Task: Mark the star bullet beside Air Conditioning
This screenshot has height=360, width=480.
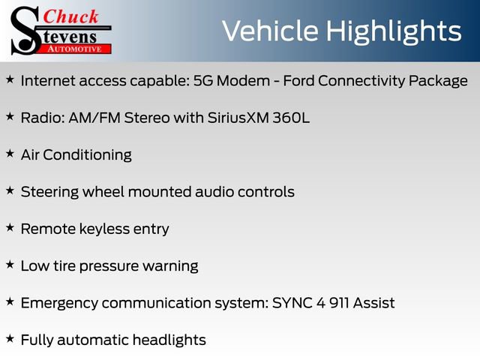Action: pos(10,153)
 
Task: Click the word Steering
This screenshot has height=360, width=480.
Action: pos(49,192)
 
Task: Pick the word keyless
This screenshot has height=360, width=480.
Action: pos(106,229)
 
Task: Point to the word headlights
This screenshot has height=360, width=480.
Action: pos(169,340)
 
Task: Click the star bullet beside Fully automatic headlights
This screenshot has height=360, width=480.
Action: pos(10,338)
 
